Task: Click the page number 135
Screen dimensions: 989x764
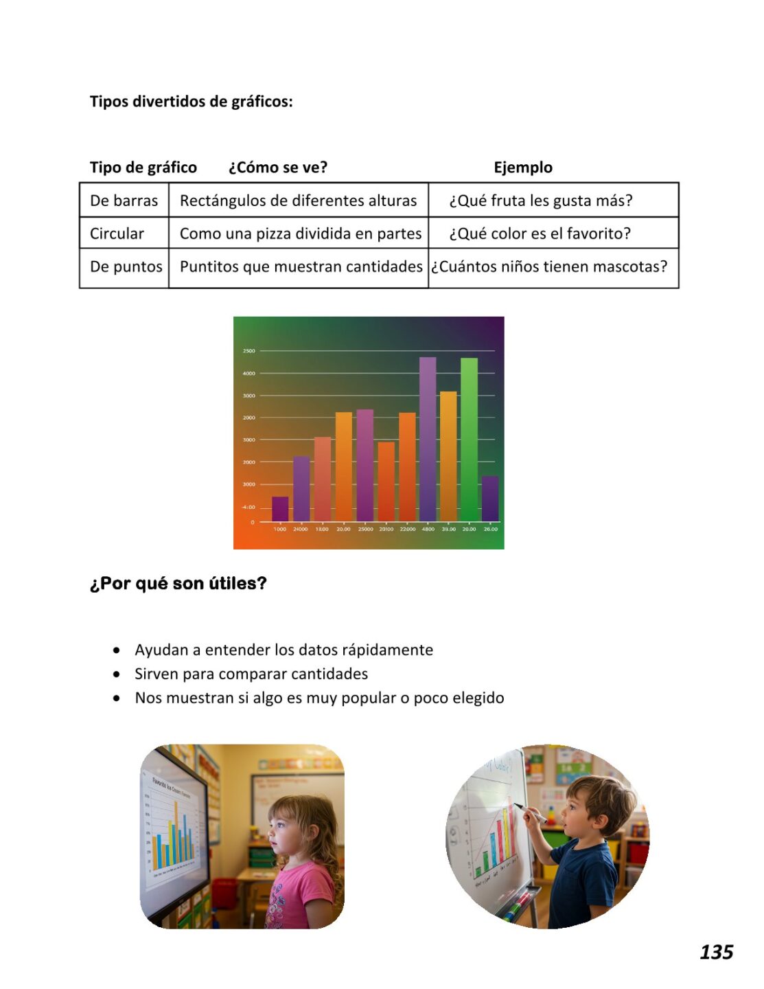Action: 716,951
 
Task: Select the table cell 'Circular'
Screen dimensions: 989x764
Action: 117,234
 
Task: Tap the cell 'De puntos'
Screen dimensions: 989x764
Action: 126,266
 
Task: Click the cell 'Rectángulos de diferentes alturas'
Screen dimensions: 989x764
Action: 298,201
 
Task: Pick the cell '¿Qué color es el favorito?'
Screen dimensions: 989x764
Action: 540,234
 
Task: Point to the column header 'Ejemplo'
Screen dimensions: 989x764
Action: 522,168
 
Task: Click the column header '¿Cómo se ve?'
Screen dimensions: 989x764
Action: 278,168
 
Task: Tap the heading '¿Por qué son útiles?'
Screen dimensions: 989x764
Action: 178,583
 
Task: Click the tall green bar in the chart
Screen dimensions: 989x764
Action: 469,440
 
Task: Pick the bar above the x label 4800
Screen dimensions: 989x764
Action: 428,440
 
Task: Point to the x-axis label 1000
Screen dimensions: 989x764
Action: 280,530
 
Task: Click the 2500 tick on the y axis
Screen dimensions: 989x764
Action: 248,351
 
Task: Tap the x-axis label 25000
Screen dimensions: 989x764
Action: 365,530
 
